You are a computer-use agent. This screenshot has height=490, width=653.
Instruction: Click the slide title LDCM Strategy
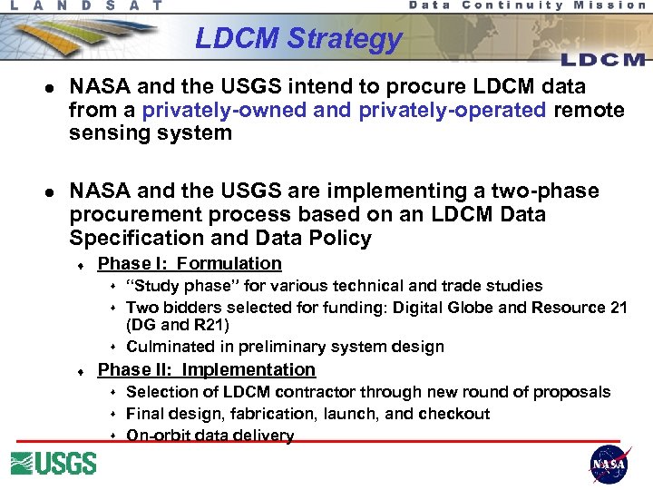point(298,39)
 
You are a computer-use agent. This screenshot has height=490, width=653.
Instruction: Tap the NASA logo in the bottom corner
point(609,465)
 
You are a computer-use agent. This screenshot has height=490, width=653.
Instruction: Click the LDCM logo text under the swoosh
point(602,60)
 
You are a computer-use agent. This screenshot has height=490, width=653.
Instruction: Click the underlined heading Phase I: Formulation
point(190,264)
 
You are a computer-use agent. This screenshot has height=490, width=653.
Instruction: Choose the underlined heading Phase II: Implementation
point(206,369)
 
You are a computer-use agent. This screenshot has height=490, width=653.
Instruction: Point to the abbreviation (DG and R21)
point(178,325)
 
